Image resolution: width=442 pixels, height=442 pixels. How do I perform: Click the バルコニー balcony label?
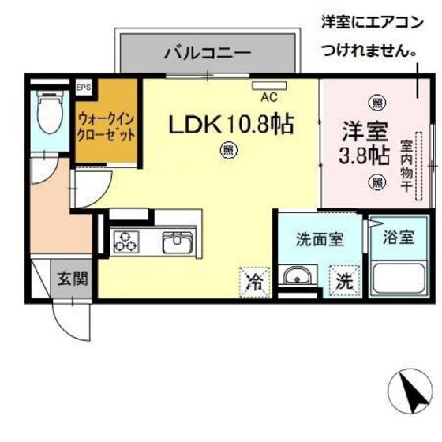(x=208, y=54)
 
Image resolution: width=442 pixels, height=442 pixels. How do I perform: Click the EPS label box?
(x=83, y=87)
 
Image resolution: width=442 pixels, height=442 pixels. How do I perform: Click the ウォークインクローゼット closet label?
(x=107, y=126)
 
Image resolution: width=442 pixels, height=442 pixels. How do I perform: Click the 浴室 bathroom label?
(x=398, y=237)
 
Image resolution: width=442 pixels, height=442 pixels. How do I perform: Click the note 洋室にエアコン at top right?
(x=369, y=22)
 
